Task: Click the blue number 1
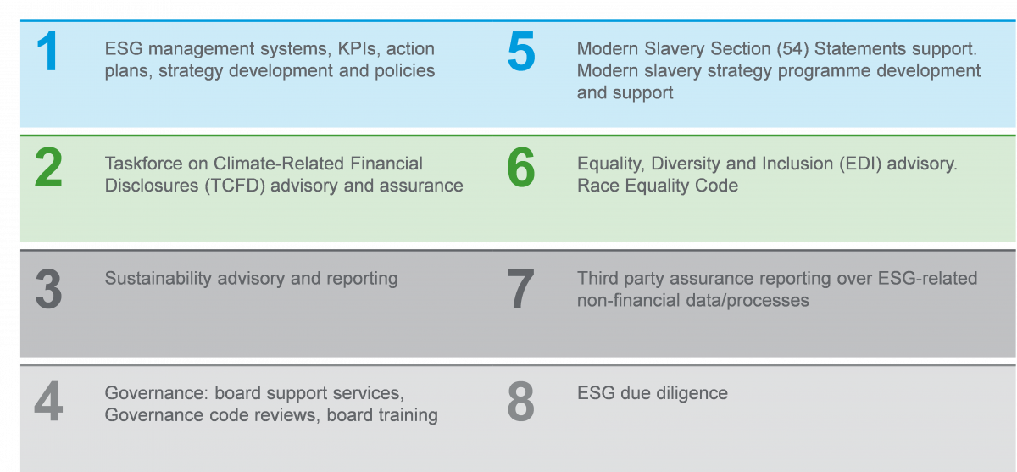[47, 53]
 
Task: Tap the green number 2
[48, 169]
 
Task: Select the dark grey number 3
[48, 289]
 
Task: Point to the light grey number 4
[48, 404]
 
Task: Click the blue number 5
[521, 53]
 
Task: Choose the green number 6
[521, 169]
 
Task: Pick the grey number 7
[521, 289]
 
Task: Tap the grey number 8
[521, 404]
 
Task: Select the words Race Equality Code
[658, 186]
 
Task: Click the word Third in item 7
[598, 278]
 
